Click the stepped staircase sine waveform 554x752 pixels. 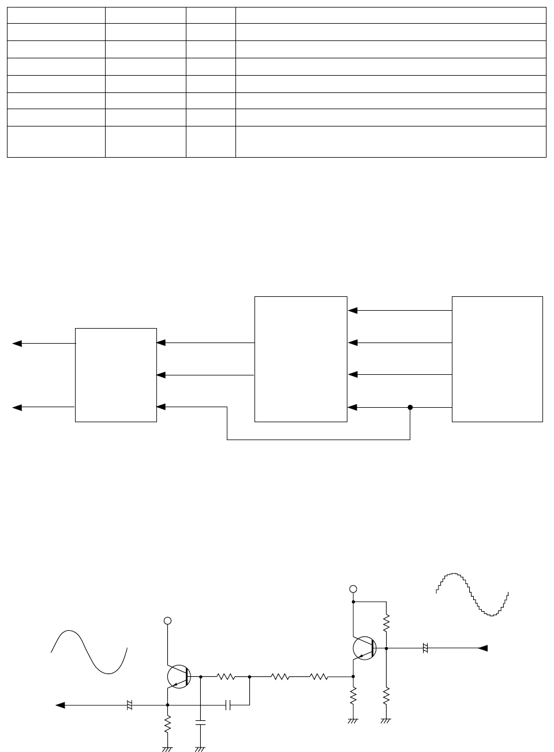coord(472,594)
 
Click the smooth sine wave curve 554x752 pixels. coord(89,652)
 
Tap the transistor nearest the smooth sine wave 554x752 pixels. coord(178,676)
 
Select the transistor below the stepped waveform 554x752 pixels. coord(364,648)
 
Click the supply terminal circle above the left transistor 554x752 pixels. coord(168,620)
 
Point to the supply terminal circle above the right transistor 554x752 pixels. coord(354,589)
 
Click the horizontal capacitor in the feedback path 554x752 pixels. coord(228,705)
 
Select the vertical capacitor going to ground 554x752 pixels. coord(200,722)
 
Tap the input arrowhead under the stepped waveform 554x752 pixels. coord(483,648)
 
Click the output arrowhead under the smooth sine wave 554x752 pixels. coord(60,705)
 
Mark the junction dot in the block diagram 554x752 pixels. coord(410,407)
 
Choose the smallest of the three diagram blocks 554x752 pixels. coord(116,375)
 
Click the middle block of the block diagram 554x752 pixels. coord(301,359)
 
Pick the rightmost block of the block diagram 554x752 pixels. coord(497,359)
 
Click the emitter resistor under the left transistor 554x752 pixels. coord(167,724)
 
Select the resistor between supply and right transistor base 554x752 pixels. coord(387,621)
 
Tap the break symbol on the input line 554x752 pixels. coord(425,648)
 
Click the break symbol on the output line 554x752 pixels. coord(130,705)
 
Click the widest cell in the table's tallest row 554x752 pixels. coord(391,142)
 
